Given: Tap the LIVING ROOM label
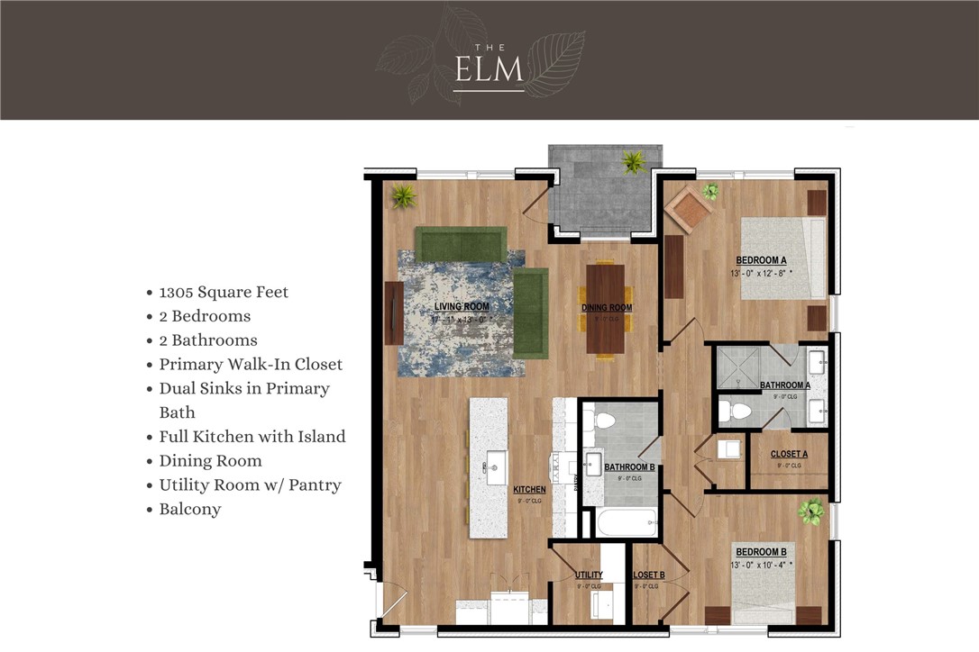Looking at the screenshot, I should click(462, 307).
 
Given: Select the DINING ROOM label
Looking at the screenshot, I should click(606, 308).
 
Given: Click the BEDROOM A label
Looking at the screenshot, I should click(761, 260).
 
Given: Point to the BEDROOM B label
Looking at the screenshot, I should click(761, 552).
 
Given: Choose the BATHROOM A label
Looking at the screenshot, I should click(784, 385).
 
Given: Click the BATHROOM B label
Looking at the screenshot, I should click(629, 467).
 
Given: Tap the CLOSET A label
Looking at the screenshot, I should click(789, 454).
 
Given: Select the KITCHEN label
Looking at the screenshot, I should click(529, 490).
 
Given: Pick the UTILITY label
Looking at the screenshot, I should click(589, 575).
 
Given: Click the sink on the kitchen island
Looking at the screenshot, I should click(496, 467).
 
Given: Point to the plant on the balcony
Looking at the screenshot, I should click(634, 162).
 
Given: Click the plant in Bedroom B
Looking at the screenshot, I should click(810, 512).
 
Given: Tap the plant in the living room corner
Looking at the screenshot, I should click(402, 195).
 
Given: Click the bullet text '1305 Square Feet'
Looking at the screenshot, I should click(224, 292).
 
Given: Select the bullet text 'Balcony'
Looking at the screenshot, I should click(190, 509).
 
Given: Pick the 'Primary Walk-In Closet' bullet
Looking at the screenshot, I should click(251, 364).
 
